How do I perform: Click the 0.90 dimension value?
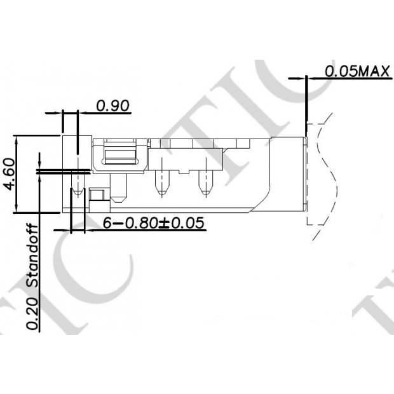[x=113, y=105]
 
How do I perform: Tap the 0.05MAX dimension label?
[x=357, y=71]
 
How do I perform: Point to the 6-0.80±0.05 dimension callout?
[x=154, y=222]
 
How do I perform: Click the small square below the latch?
[x=97, y=194]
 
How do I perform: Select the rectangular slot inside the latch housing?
[x=121, y=155]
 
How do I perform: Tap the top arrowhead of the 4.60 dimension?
[x=18, y=139]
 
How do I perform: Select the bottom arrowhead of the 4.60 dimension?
[x=18, y=209]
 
